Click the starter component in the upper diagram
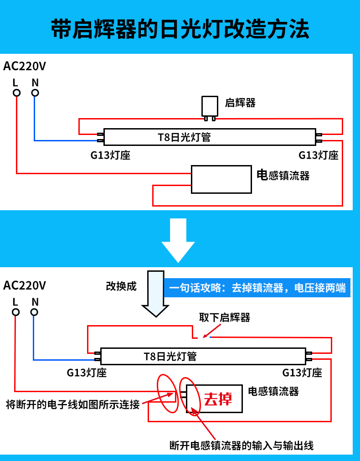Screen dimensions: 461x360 [x=210, y=107]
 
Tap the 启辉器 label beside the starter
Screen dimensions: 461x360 [x=240, y=103]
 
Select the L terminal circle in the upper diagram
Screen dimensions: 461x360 [x=16, y=93]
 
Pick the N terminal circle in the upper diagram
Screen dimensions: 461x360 [x=35, y=93]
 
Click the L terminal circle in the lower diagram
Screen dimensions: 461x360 [x=16, y=312]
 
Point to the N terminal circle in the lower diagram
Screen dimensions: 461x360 [x=34, y=312]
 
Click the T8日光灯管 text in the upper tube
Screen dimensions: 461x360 [x=184, y=137]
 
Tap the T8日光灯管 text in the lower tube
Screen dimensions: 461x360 [x=170, y=356]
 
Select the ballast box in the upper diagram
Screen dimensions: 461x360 [x=221, y=179]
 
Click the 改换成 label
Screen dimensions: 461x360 [x=121, y=286]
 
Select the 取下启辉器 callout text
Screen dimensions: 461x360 [x=225, y=317]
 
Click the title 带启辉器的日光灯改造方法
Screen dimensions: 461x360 [x=180, y=29]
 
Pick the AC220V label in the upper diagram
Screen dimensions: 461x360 [x=25, y=67]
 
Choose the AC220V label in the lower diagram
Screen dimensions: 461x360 [x=25, y=286]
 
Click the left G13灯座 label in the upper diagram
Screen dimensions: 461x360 [x=110, y=155]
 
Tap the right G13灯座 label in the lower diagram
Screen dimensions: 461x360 [x=302, y=373]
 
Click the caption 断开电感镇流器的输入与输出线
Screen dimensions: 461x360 [x=241, y=445]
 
